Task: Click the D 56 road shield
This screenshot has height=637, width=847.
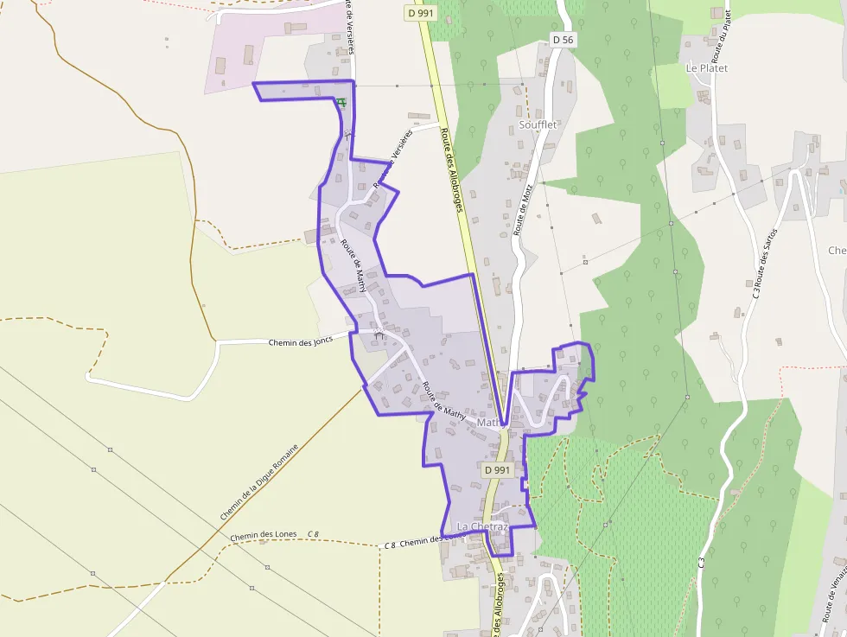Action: (x=563, y=40)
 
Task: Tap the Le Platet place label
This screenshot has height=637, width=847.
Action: (x=706, y=67)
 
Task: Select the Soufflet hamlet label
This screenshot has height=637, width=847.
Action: (x=538, y=124)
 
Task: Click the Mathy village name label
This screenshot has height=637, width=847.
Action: (x=488, y=423)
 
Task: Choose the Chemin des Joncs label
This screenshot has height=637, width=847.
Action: (x=300, y=341)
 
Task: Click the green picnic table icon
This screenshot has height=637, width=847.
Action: (x=342, y=103)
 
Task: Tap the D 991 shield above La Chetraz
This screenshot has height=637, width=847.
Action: (x=498, y=469)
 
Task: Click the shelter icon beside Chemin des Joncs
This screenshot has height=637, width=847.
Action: (x=379, y=334)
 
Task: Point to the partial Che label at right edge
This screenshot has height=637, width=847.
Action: (x=837, y=251)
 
